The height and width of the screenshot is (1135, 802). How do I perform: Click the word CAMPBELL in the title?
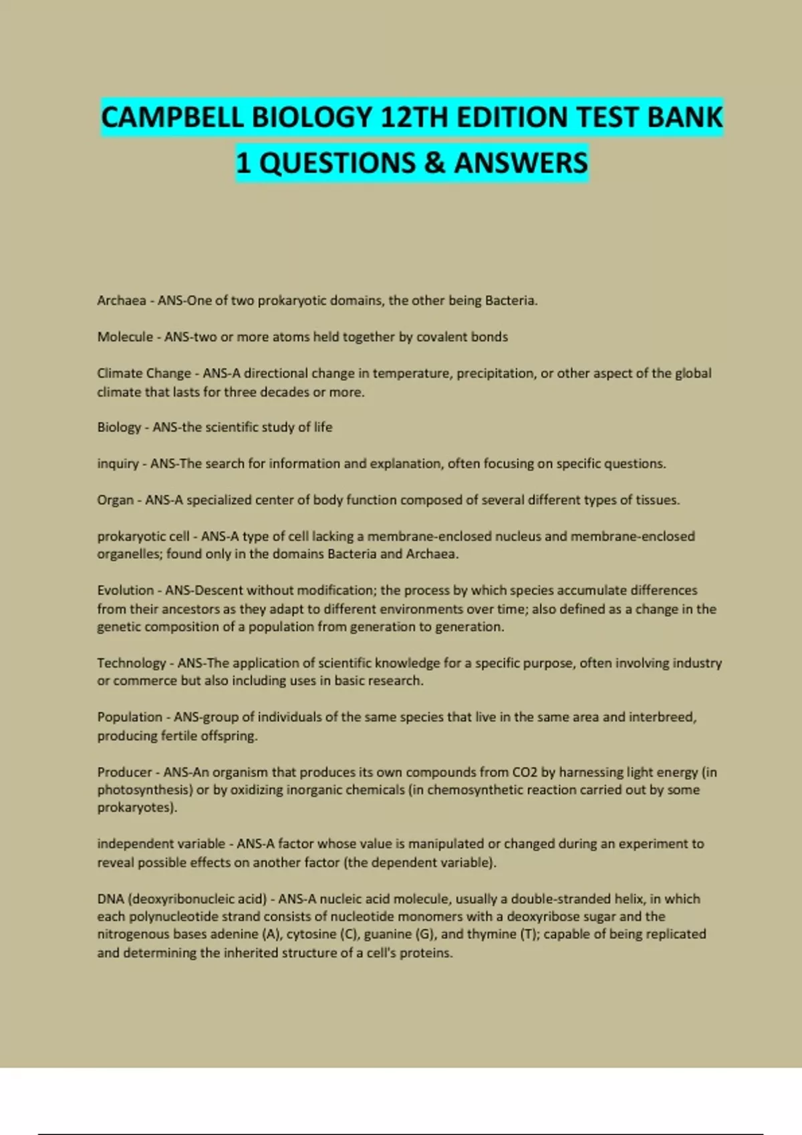click(172, 118)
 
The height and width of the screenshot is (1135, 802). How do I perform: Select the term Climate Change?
click(144, 373)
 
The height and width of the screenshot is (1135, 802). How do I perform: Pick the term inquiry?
click(118, 463)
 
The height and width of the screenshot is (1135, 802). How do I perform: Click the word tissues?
click(656, 500)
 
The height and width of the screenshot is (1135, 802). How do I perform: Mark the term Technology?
click(131, 663)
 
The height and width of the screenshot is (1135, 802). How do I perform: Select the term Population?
click(130, 717)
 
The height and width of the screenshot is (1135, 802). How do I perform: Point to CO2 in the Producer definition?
click(525, 772)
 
